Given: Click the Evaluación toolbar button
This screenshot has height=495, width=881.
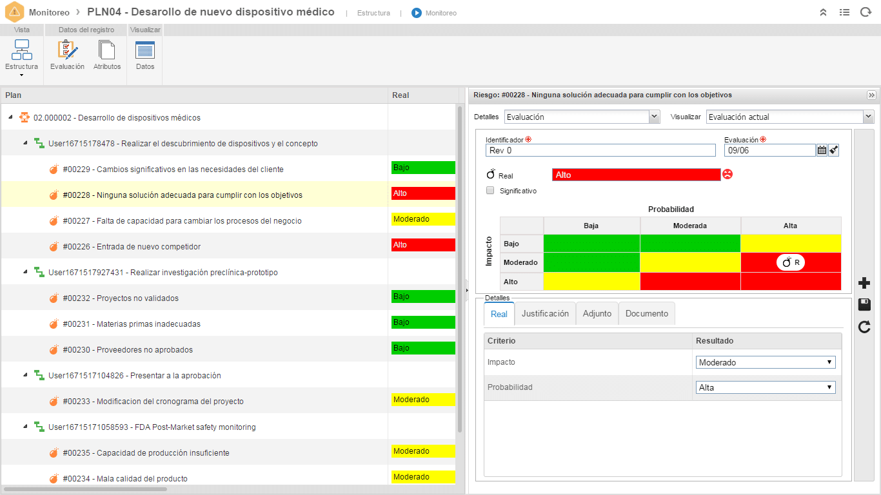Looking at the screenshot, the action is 67,55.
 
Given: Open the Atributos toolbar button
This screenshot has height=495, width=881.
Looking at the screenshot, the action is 107,55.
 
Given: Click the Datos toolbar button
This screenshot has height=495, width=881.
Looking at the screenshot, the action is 145,55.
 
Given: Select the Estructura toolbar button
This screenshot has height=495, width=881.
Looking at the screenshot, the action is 22,57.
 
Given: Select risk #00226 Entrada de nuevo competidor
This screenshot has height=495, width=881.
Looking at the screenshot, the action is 132,246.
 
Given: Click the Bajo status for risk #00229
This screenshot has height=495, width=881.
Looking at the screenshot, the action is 423,168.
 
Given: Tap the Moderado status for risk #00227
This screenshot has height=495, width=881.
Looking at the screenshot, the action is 423,219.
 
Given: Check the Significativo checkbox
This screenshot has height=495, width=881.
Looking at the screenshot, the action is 490,191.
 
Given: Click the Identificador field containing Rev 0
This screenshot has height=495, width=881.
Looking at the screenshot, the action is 600,150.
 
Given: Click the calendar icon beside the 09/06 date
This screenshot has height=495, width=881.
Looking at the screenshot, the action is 822,150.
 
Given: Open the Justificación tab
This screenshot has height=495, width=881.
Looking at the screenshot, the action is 545,313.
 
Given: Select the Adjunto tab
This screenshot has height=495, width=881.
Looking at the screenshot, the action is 597,313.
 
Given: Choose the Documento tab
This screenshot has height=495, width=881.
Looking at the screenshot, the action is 647,313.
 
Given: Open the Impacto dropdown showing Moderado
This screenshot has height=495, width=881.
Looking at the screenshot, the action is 766,362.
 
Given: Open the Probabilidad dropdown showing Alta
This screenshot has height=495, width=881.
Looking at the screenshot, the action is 766,387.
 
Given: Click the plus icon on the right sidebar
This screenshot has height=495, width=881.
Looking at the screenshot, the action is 864,283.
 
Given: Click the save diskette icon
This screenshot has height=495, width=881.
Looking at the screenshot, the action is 864,305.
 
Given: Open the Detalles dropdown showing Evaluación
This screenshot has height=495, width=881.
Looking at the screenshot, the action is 582,117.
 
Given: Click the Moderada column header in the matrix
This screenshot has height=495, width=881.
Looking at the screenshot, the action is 690,226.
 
